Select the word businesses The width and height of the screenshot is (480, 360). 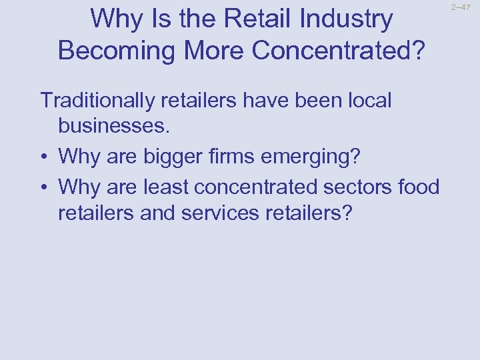[112, 127]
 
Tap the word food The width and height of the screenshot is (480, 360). [419, 187]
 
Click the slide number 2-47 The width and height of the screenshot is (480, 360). [461, 7]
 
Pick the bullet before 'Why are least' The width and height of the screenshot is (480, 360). [44, 188]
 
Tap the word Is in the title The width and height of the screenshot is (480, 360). [157, 19]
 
